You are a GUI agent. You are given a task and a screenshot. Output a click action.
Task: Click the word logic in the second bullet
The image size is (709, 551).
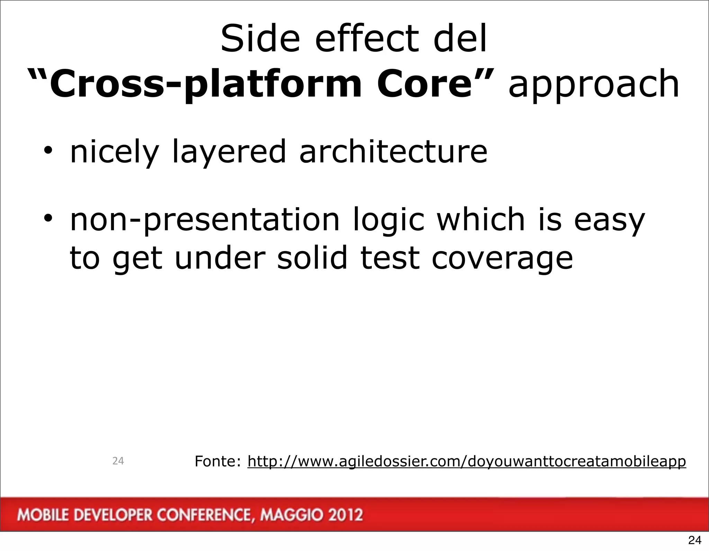click(388, 221)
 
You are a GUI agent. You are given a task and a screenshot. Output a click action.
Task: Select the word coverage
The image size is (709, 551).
click(502, 259)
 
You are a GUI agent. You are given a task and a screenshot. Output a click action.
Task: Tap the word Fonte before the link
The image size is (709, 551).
click(217, 461)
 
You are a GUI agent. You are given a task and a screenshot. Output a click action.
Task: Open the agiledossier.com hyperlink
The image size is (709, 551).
click(466, 461)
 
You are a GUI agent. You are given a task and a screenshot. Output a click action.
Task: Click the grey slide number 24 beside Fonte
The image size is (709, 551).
click(118, 461)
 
